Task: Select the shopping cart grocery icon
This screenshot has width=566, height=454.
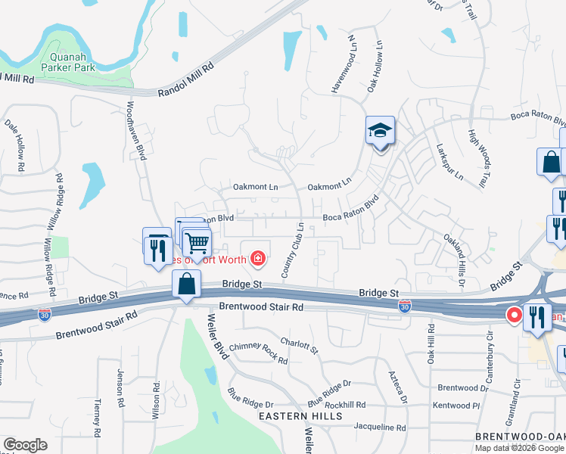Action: tap(197, 243)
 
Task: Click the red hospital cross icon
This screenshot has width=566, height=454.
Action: tap(258, 260)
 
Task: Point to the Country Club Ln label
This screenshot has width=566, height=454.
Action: tap(293, 250)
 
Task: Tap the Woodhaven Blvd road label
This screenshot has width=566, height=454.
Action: tap(135, 130)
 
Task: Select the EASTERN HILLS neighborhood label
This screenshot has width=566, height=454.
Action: tap(300, 416)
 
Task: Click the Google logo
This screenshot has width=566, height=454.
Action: tap(25, 445)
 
